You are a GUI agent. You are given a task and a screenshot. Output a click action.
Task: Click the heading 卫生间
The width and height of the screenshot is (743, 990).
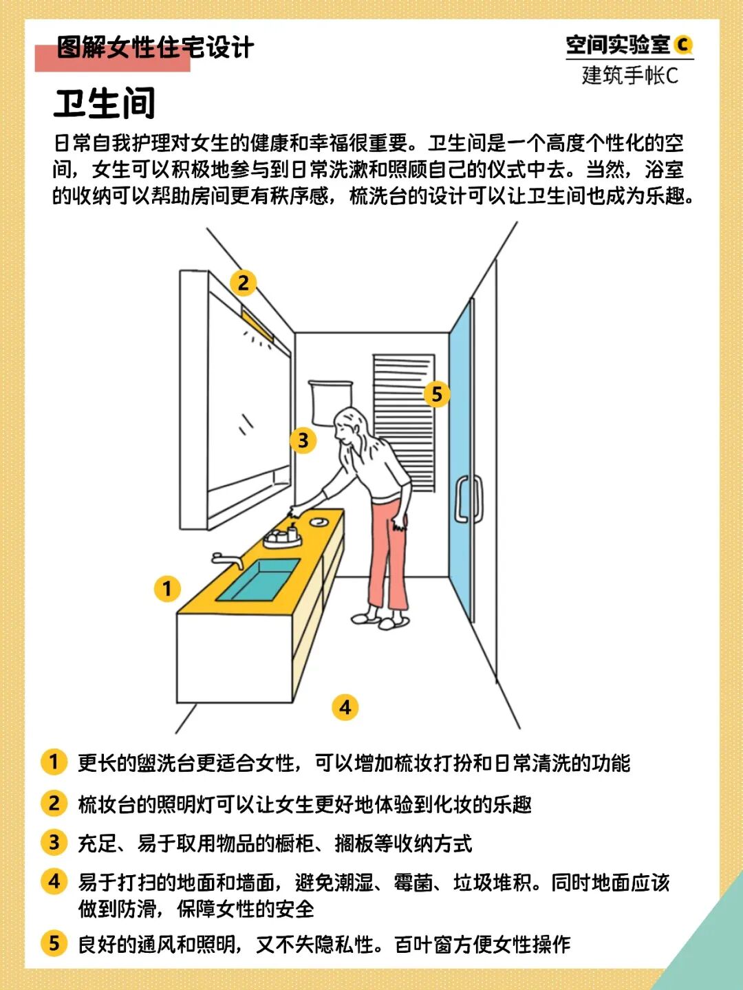click(105, 103)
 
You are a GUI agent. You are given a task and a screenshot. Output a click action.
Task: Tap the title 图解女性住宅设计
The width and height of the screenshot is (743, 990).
click(155, 47)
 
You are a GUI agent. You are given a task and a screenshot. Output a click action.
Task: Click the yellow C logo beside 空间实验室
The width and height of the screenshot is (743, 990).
click(683, 45)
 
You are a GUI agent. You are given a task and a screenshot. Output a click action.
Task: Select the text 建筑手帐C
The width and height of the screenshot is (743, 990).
click(630, 75)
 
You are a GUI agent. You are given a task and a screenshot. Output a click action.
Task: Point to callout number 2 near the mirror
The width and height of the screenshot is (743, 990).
click(243, 283)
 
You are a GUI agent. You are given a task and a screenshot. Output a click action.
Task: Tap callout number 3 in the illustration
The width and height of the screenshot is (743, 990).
click(303, 440)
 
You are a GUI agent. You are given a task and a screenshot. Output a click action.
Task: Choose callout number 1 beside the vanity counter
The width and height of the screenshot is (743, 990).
click(167, 589)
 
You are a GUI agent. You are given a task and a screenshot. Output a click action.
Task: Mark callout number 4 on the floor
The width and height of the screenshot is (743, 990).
click(345, 707)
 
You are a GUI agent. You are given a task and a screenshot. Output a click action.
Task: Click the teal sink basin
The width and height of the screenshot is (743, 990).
click(259, 580)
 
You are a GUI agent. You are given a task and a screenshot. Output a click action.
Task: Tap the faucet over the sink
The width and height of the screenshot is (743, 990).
click(228, 560)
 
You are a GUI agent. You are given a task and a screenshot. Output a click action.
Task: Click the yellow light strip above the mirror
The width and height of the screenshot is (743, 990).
click(258, 321)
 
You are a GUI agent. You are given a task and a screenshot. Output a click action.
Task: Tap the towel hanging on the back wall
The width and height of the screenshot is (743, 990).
click(330, 402)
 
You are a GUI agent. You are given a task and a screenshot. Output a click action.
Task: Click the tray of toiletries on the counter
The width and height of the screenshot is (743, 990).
click(282, 536)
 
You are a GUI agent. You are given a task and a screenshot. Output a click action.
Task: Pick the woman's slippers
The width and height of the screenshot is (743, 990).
click(380, 621)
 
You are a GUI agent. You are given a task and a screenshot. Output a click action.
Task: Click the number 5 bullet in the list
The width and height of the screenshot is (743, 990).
click(54, 943)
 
